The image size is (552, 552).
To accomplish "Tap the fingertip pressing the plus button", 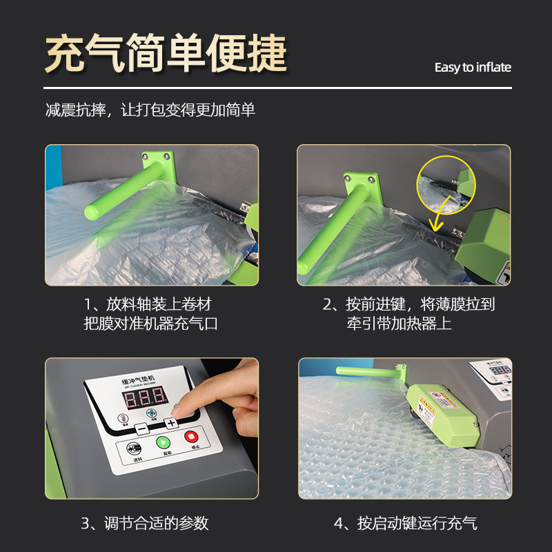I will pos(176,411).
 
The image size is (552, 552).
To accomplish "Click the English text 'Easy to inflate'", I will pos(473,67).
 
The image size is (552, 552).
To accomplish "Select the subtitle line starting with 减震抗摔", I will pos(150,110).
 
